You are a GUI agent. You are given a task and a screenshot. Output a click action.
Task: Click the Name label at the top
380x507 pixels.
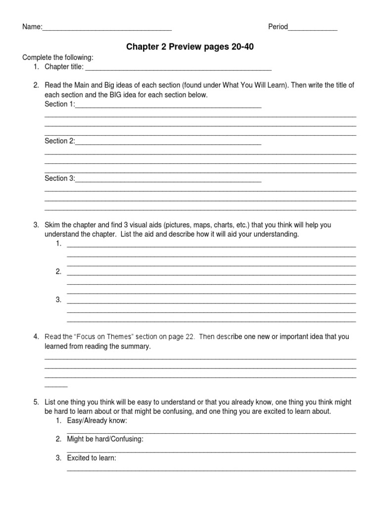click(x=31, y=27)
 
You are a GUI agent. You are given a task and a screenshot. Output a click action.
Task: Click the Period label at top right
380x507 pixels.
click(x=278, y=27)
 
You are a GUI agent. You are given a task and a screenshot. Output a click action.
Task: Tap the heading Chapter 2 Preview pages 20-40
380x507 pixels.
click(x=193, y=47)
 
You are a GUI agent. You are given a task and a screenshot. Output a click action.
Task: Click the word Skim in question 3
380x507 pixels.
click(x=52, y=225)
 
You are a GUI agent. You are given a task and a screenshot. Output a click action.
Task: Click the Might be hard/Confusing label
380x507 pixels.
click(x=105, y=439)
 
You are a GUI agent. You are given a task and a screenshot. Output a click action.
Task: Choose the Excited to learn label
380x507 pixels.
click(x=92, y=458)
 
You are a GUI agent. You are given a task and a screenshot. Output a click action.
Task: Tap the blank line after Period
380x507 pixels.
click(x=312, y=28)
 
